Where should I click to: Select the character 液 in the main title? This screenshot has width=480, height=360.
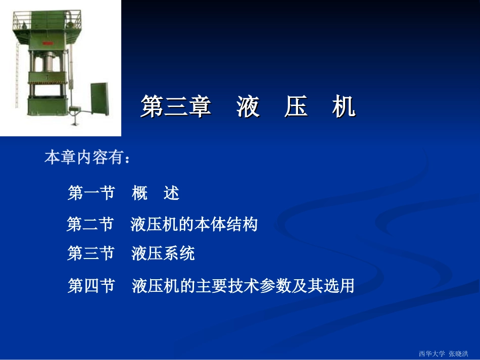pos(248,108)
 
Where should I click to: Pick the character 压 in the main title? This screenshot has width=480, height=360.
pos(296,108)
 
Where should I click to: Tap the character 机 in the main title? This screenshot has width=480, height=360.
pos(344,108)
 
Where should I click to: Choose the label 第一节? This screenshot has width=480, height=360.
pos(91,193)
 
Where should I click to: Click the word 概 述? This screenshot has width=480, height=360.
pos(156,193)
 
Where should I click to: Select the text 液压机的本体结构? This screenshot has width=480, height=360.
pos(194,224)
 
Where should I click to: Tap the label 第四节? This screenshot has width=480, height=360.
pos(91,287)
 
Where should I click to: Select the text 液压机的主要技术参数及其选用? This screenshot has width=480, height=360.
pos(243,287)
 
